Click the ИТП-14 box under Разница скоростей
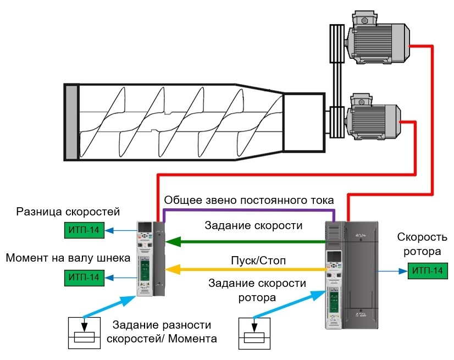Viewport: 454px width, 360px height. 84,230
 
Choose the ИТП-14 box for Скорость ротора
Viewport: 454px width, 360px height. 427,270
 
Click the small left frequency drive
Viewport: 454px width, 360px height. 150,258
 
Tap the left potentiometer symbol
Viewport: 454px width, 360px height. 84,333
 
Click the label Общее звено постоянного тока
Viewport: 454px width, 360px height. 249,200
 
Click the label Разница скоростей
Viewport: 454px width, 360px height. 68,212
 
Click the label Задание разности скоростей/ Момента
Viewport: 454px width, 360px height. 163,331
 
